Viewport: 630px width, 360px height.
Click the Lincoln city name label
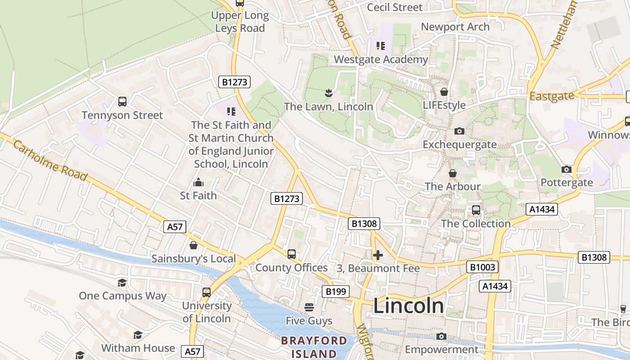point(409,306)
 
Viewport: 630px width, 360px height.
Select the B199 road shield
point(336,292)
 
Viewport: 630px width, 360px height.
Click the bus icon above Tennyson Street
point(122,101)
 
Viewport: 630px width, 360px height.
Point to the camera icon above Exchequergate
point(459,131)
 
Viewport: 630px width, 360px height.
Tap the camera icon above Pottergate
point(567,169)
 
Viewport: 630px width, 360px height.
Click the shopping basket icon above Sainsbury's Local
point(193,245)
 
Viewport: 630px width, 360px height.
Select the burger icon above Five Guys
point(309,307)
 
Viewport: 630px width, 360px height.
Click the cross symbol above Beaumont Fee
point(378,255)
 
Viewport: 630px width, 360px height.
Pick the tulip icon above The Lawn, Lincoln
point(328,93)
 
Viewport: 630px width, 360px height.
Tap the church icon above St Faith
point(198,182)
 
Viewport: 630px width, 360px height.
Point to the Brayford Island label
point(314,347)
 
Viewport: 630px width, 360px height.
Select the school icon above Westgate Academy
point(381,45)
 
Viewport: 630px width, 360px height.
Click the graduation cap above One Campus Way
point(122,283)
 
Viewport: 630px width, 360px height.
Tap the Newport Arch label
point(455,27)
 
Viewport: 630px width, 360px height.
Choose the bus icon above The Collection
point(476,210)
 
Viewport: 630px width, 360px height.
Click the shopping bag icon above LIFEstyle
point(444,92)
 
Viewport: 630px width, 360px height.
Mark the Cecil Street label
point(395,7)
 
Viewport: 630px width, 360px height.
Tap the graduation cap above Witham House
point(138,335)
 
